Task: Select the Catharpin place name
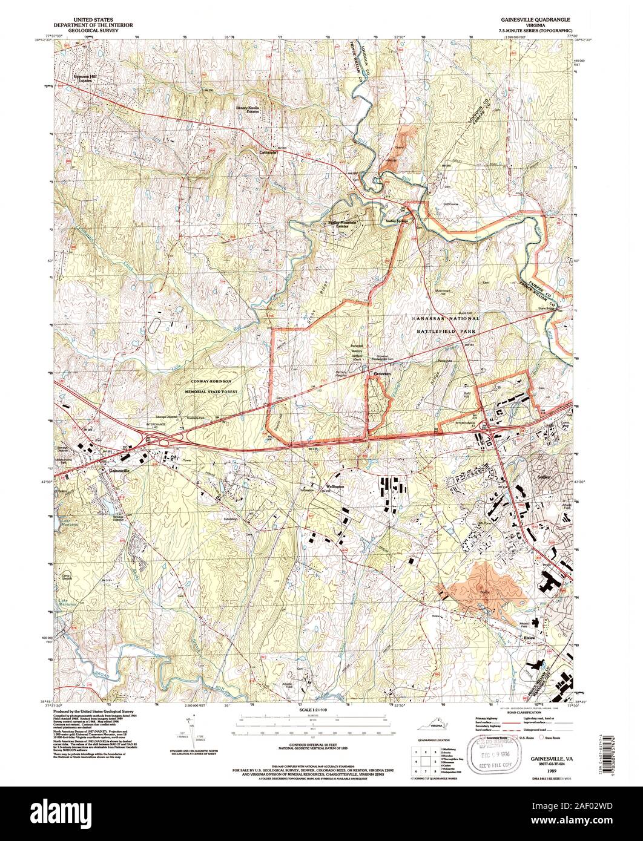[268, 153]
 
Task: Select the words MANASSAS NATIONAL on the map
[445, 318]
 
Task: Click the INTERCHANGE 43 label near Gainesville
[157, 425]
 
